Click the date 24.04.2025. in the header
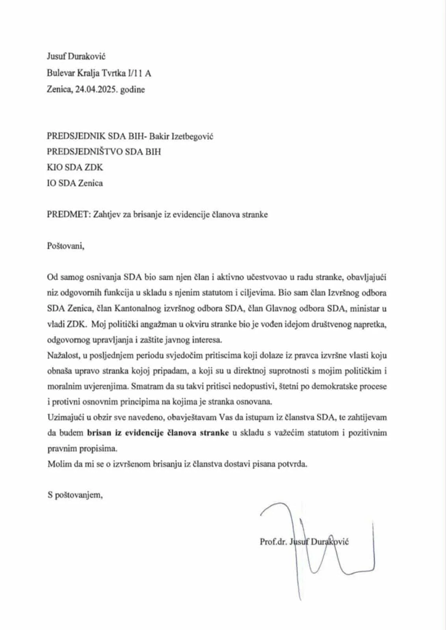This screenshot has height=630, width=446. tap(95, 89)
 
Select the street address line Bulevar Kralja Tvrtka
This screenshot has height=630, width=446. tap(99, 73)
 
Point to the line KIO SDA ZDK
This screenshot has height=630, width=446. tap(75, 167)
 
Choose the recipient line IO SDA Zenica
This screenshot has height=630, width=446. tap(75, 183)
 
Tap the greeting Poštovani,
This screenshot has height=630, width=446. tap(65, 246)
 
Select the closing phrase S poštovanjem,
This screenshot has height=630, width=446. tap(75, 495)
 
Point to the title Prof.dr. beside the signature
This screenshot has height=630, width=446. tap(273, 541)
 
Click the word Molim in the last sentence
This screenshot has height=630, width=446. tap(57, 464)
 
